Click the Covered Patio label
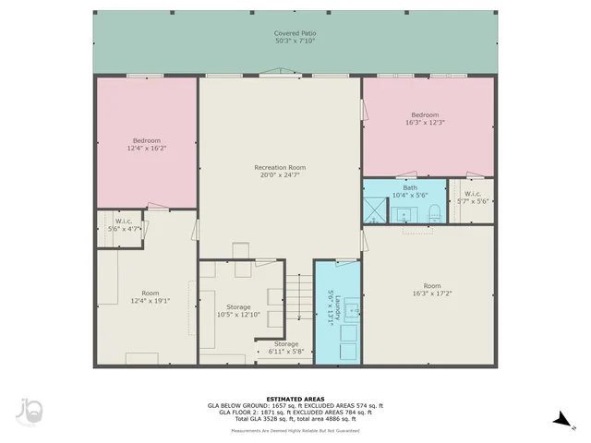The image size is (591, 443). [x=295, y=37]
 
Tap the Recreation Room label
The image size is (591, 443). [x=280, y=172]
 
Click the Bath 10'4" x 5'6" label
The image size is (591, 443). [x=410, y=191]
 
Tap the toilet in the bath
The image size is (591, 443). [x=434, y=214]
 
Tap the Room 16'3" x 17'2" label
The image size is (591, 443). [x=432, y=290]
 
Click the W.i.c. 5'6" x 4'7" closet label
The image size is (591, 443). [x=124, y=225]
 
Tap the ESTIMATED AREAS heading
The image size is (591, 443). [x=295, y=399]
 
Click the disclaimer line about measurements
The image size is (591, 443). [x=295, y=430]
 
